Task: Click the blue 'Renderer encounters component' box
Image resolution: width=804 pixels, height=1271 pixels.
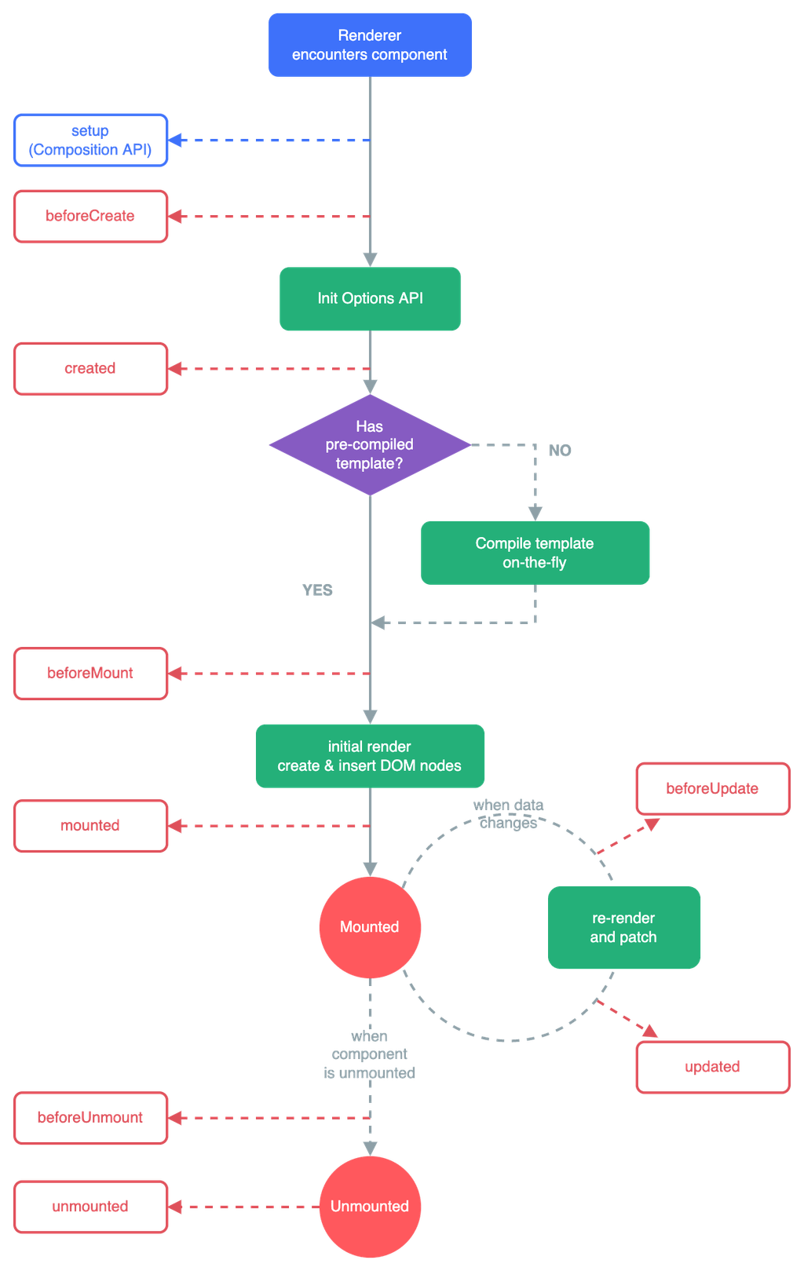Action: coord(369,45)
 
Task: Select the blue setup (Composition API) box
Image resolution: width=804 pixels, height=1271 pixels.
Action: coord(91,141)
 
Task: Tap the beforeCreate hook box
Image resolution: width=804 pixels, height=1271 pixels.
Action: coord(91,216)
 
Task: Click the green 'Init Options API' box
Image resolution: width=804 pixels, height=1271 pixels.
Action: coord(370,298)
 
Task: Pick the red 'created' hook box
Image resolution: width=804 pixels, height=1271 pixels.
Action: coord(91,368)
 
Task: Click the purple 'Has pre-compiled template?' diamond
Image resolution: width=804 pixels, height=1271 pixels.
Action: coord(369,445)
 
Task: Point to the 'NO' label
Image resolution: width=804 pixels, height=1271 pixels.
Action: coord(560,450)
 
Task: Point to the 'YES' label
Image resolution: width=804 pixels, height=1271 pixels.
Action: coord(317,590)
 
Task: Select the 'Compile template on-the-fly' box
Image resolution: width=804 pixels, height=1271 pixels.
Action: coord(535,553)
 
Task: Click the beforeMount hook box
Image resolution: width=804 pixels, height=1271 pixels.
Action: coord(91,674)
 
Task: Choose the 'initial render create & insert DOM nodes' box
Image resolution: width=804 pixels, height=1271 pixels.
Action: coord(370,756)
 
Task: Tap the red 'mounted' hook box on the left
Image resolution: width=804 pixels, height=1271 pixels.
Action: coord(91,826)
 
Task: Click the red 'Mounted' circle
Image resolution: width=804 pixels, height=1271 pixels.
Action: coord(370,927)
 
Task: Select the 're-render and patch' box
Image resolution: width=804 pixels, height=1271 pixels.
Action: coord(624,928)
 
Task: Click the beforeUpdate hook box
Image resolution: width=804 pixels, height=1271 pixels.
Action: coord(712,788)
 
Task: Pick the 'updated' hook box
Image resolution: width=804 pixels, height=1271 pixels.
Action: coord(712,1067)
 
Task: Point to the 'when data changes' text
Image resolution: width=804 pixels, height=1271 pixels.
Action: coord(509,814)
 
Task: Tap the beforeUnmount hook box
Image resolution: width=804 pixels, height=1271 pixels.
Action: coord(91,1118)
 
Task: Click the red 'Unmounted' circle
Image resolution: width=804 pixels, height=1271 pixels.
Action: coord(370,1207)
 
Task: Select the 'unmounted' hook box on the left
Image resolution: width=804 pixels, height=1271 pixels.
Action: coord(91,1207)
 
